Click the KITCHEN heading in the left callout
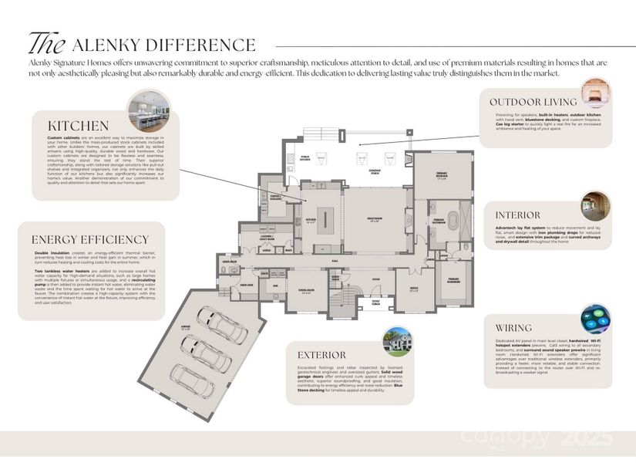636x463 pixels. point(79,125)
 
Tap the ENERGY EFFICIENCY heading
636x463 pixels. point(90,239)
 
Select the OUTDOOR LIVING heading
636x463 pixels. point(533,102)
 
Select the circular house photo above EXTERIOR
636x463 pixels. point(398,340)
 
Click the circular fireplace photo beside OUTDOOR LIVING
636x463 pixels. point(596,91)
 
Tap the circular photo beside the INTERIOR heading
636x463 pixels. point(595,206)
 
